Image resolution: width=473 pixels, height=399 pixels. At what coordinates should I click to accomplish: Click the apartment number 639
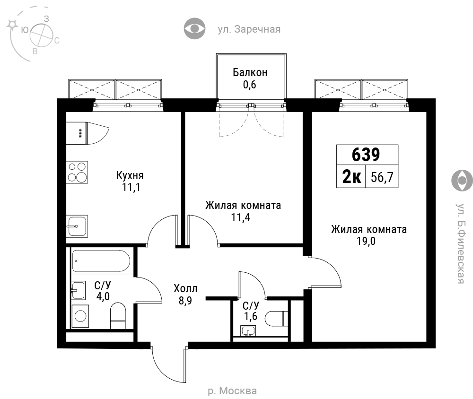pyautogui.click(x=366, y=155)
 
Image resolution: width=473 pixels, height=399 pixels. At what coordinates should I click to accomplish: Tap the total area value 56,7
pyautogui.click(x=382, y=177)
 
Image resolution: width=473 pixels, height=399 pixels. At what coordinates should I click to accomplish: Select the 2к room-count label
pyautogui.click(x=351, y=177)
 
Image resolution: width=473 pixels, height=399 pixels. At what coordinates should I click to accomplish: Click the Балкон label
pyautogui.click(x=250, y=72)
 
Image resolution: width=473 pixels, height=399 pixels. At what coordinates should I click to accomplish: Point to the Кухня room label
pyautogui.click(x=130, y=175)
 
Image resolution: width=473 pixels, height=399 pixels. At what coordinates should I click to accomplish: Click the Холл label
pyautogui.click(x=185, y=289)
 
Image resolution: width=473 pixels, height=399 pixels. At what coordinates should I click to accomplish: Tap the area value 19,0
pyautogui.click(x=366, y=241)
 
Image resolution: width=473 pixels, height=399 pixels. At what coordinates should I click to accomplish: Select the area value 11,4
pyautogui.click(x=240, y=217)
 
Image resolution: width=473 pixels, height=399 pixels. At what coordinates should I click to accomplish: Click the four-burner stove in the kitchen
pyautogui.click(x=77, y=173)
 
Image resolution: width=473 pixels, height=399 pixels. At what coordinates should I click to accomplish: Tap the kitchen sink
pyautogui.click(x=77, y=226)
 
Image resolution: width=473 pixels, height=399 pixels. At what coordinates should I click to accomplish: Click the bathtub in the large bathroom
pyautogui.click(x=101, y=261)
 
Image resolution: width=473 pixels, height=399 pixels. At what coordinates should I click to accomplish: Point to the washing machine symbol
pyautogui.click(x=80, y=316)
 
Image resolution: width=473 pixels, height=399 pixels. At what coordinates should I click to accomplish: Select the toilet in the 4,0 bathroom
pyautogui.click(x=118, y=316)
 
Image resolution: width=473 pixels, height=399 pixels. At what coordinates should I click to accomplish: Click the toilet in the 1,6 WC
pyautogui.click(x=276, y=319)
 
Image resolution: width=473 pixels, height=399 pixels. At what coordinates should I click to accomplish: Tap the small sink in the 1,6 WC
pyautogui.click(x=248, y=331)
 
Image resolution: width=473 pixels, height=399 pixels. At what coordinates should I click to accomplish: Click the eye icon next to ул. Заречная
pyautogui.click(x=194, y=29)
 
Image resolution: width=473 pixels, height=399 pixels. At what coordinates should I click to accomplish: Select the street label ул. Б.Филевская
pyautogui.click(x=460, y=243)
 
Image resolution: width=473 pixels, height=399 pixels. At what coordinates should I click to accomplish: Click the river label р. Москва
pyautogui.click(x=232, y=391)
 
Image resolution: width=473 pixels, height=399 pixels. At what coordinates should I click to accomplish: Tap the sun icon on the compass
pyautogui.click(x=13, y=25)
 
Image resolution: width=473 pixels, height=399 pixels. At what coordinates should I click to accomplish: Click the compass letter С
pyautogui.click(x=57, y=40)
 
